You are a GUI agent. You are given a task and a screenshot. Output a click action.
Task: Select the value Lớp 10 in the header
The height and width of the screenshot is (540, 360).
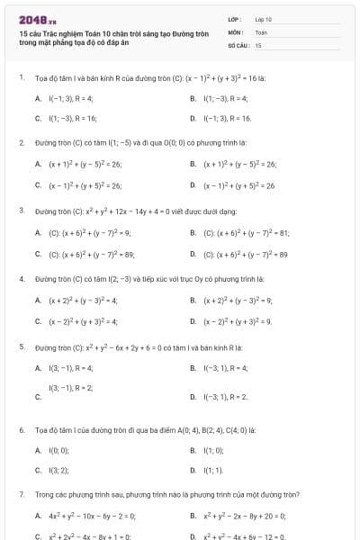(264, 19)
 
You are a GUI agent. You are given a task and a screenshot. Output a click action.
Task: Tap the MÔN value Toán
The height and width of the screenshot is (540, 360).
(261, 31)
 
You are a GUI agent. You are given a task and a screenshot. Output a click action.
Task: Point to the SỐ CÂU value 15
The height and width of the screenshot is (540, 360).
(258, 44)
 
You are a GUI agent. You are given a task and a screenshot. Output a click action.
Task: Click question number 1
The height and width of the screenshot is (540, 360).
(21, 77)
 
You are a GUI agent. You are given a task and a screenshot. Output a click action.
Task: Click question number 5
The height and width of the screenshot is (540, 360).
(21, 346)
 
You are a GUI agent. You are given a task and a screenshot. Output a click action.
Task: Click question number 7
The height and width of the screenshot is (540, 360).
(21, 494)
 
